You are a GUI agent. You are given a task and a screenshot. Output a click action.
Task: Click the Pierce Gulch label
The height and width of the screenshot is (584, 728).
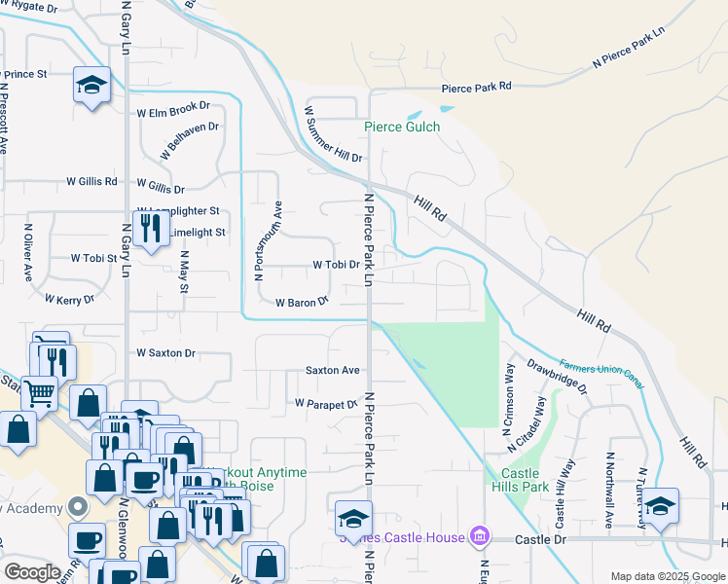pyautogui.click(x=402, y=127)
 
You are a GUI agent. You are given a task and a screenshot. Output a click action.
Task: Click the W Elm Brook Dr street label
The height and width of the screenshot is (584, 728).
pyautogui.click(x=173, y=110)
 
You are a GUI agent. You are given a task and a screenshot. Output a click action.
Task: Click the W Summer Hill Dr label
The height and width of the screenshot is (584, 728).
pyautogui.click(x=333, y=134)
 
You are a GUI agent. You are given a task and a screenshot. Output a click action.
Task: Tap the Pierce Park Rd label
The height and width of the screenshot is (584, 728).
pyautogui.click(x=476, y=88)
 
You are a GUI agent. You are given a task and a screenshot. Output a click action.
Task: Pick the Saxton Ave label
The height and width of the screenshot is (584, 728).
pyautogui.click(x=333, y=370)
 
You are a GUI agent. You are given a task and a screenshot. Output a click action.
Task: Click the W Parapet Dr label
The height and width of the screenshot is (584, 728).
pyautogui.click(x=327, y=403)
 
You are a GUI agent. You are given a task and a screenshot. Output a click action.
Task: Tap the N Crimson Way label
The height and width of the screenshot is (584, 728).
pyautogui.click(x=509, y=394)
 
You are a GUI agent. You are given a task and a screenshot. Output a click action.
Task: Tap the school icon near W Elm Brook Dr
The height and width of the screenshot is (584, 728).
pyautogui.click(x=91, y=84)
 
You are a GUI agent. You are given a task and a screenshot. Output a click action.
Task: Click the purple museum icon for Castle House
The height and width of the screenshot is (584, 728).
pyautogui.click(x=478, y=535)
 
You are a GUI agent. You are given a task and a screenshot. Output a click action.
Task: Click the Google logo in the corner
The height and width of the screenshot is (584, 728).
pyautogui.click(x=32, y=572)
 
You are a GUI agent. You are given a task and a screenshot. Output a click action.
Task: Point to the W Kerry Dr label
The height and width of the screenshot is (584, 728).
pyautogui.click(x=68, y=300)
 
